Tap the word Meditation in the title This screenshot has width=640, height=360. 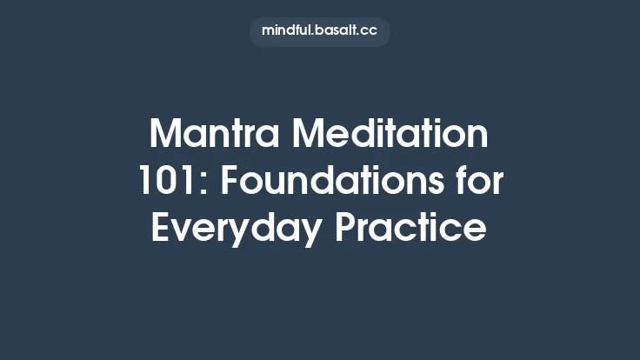pyautogui.click(x=390, y=137)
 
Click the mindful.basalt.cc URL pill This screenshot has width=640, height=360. pyautogui.click(x=320, y=31)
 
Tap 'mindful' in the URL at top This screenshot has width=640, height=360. pyautogui.click(x=287, y=31)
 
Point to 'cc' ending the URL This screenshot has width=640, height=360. pyautogui.click(x=370, y=31)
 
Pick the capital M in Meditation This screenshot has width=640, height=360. pyautogui.click(x=307, y=137)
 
